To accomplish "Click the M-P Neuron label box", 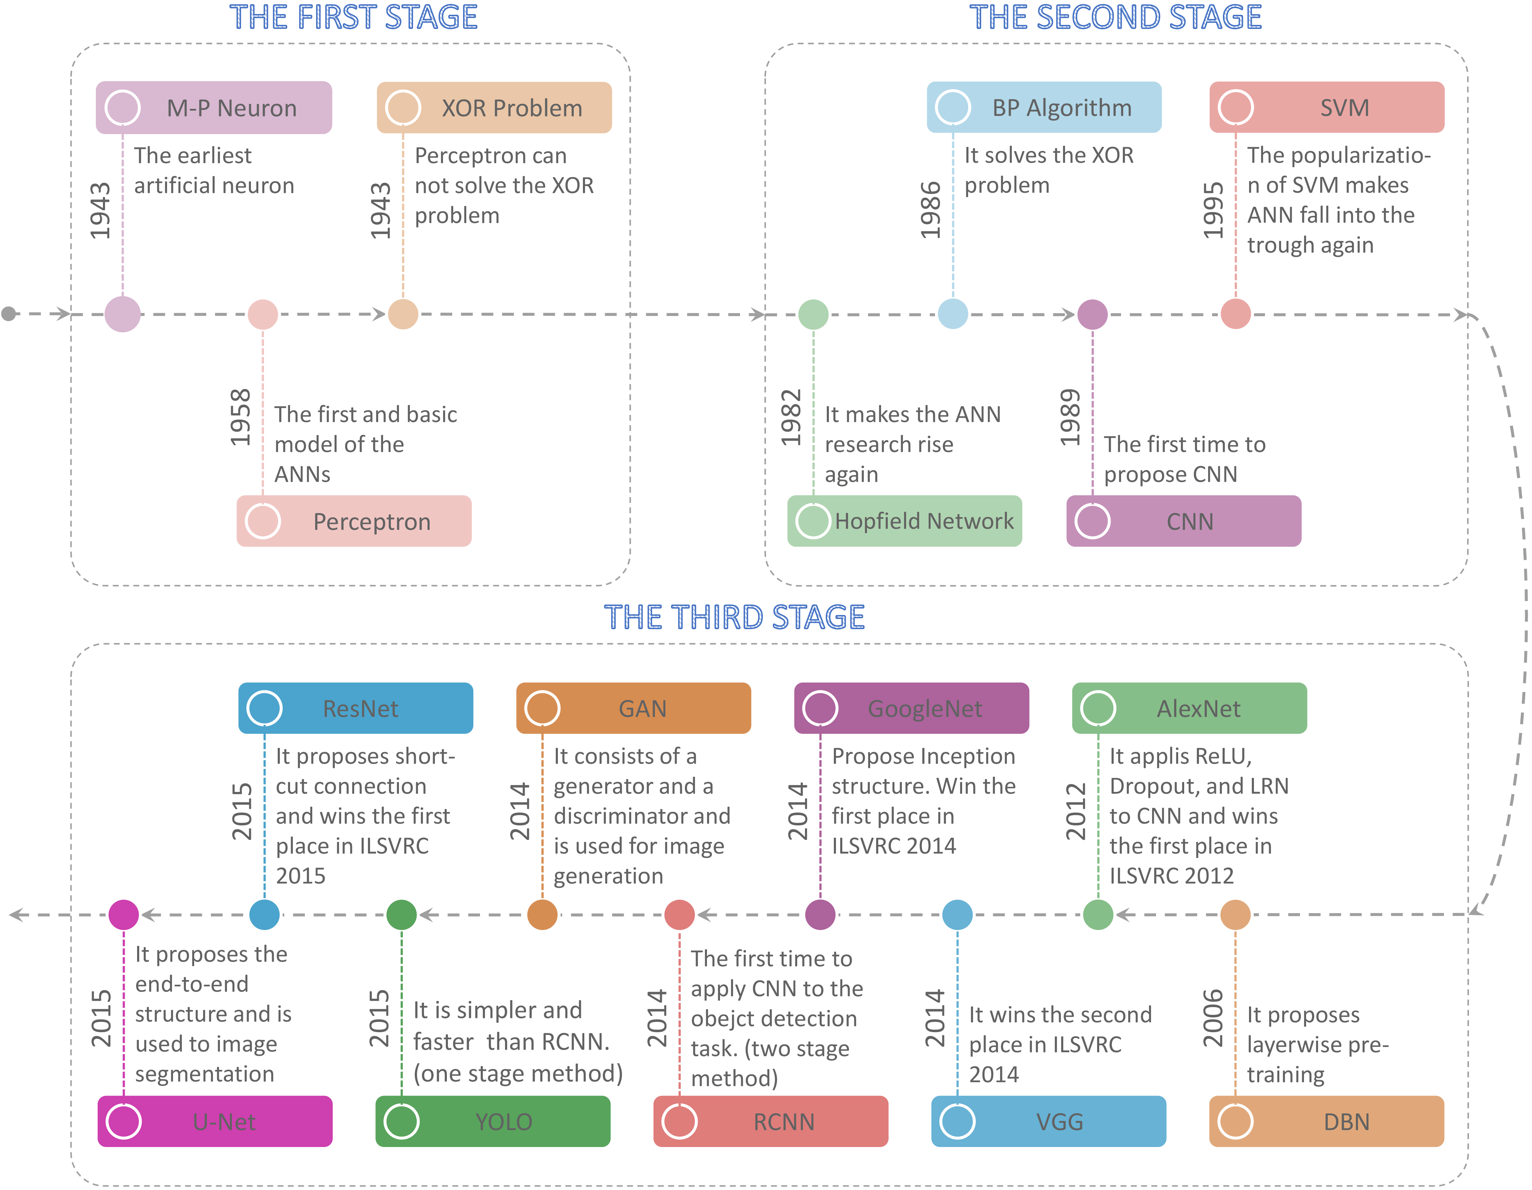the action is pyautogui.click(x=214, y=107).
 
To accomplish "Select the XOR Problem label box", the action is pyautogui.click(x=494, y=107).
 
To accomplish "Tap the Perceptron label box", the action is pyautogui.click(x=354, y=521).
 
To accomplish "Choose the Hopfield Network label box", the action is pyautogui.click(x=905, y=521).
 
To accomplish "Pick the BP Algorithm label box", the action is pyautogui.click(x=1045, y=107).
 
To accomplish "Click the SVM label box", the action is pyautogui.click(x=1327, y=107).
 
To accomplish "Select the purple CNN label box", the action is pyautogui.click(x=1184, y=521).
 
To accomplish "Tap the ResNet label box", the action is pyautogui.click(x=356, y=708).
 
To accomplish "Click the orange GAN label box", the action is pyautogui.click(x=633, y=708).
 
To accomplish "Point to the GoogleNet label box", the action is pyautogui.click(x=912, y=708).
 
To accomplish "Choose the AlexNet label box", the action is pyautogui.click(x=1190, y=708).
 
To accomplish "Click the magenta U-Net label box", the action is pyautogui.click(x=215, y=1121).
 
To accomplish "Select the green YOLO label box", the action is pyautogui.click(x=493, y=1121).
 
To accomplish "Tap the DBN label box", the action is pyautogui.click(x=1327, y=1121).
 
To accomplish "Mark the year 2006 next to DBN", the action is pyautogui.click(x=1213, y=1018).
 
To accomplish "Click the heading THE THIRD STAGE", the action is pyautogui.click(x=734, y=617).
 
